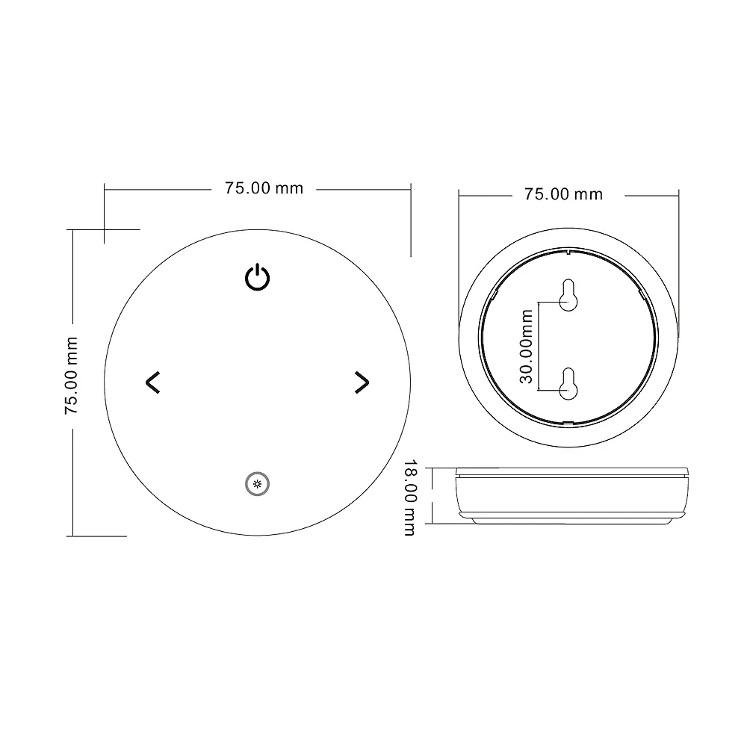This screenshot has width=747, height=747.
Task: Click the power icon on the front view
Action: pyautogui.click(x=258, y=278)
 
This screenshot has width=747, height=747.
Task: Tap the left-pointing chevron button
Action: pyautogui.click(x=152, y=382)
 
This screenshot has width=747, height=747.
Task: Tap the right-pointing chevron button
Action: pyautogui.click(x=362, y=382)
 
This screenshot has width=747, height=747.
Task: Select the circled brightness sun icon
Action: pyautogui.click(x=258, y=485)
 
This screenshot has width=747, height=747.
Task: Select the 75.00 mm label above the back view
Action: pyautogui.click(x=562, y=194)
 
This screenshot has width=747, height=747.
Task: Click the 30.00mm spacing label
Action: pyautogui.click(x=526, y=347)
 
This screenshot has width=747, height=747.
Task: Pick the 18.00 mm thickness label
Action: pyautogui.click(x=409, y=497)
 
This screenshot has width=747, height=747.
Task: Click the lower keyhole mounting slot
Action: pyautogui.click(x=569, y=382)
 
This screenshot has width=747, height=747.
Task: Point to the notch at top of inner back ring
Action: pyautogui.click(x=569, y=251)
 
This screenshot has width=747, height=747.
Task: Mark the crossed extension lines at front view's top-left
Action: pyautogui.click(x=105, y=229)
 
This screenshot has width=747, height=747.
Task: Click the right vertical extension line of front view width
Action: pyautogui.click(x=412, y=220)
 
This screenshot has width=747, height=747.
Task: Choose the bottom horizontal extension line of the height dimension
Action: pyautogui.click(x=97, y=536)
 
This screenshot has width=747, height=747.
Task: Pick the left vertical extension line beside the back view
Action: pyautogui.click(x=459, y=261)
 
